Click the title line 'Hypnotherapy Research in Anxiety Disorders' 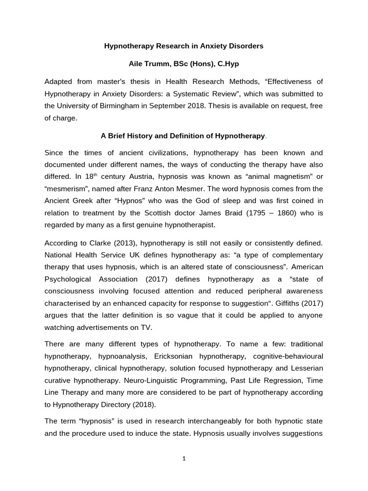pos(184,47)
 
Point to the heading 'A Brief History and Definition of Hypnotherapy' pos(183,136)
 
